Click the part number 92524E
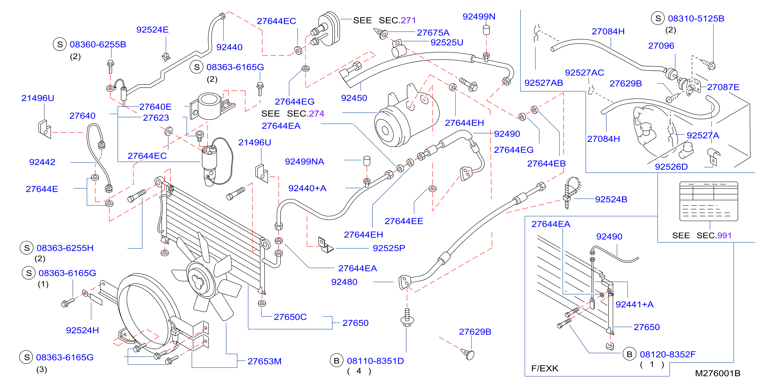click(x=152, y=30)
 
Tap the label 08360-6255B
click(x=98, y=44)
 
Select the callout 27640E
click(x=155, y=107)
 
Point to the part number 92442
click(x=42, y=162)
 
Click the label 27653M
click(x=265, y=361)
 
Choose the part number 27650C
click(x=290, y=317)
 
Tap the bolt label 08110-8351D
click(x=375, y=361)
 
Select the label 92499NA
click(x=305, y=162)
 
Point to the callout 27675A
click(x=433, y=32)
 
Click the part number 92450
click(x=354, y=98)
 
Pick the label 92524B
click(x=611, y=199)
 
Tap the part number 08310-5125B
click(x=696, y=18)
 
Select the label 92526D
click(x=672, y=167)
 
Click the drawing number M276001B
click(x=718, y=373)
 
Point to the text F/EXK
click(x=545, y=368)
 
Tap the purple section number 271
click(x=408, y=20)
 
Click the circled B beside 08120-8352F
click(x=630, y=354)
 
